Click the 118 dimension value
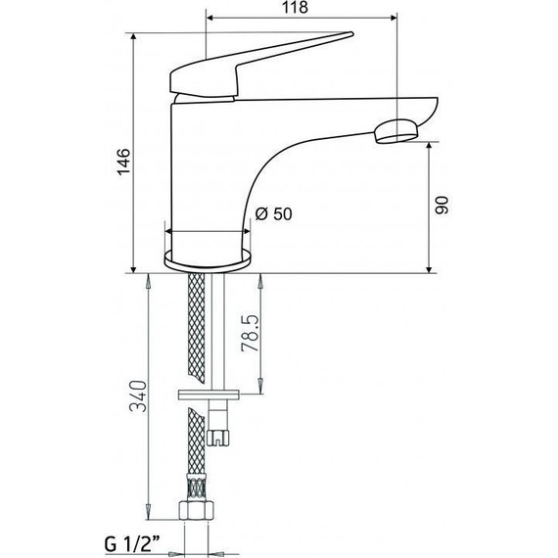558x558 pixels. click(x=295, y=7)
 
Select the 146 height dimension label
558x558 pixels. click(x=124, y=162)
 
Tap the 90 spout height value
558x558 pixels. click(x=442, y=205)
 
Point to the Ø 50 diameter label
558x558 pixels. click(x=274, y=213)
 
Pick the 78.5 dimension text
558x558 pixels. click(x=250, y=333)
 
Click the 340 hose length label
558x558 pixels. click(x=138, y=396)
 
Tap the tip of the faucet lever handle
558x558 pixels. click(x=352, y=33)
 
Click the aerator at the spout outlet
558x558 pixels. click(x=395, y=132)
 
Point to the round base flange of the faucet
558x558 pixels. click(x=208, y=258)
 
